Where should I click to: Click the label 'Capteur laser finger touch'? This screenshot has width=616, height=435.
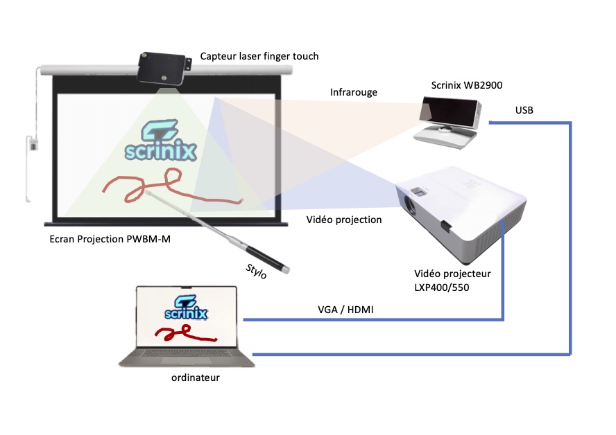[259, 55]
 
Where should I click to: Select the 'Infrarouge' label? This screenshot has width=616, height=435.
[354, 92]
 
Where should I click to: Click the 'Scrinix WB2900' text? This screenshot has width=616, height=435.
[466, 85]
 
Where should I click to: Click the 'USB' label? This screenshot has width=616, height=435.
[524, 110]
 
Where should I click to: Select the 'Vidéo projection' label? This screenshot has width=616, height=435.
[344, 220]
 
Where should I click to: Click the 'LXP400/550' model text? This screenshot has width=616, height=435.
[443, 286]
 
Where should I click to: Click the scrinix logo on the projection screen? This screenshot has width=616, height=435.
[160, 142]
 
